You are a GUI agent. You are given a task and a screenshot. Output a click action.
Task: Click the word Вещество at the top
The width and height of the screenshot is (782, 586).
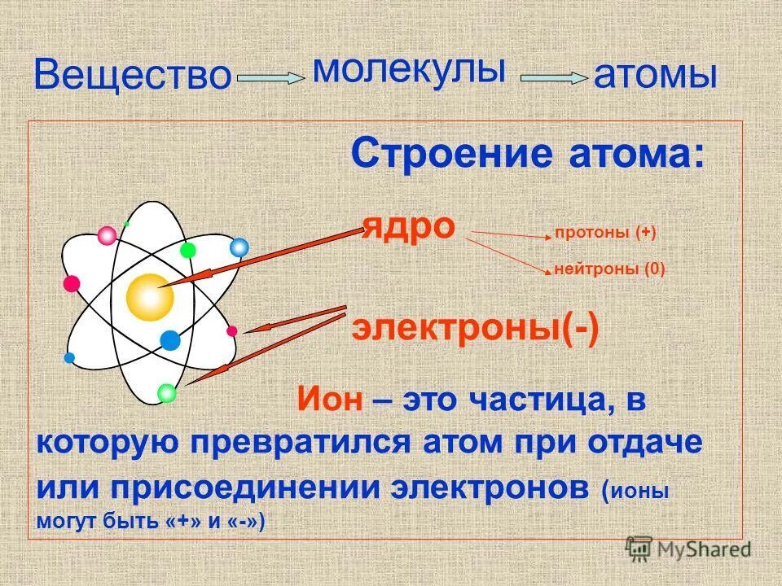(133, 76)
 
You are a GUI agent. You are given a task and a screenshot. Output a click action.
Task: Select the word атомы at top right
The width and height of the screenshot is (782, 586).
(656, 76)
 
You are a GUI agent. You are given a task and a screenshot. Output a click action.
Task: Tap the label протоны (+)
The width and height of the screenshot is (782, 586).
(605, 233)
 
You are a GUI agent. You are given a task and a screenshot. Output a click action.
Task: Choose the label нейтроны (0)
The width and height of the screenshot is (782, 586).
(609, 269)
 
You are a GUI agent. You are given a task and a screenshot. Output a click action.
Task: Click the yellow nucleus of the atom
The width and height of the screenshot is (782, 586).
(150, 297)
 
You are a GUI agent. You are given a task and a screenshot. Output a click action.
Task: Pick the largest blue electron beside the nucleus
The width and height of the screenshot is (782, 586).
(169, 339)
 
